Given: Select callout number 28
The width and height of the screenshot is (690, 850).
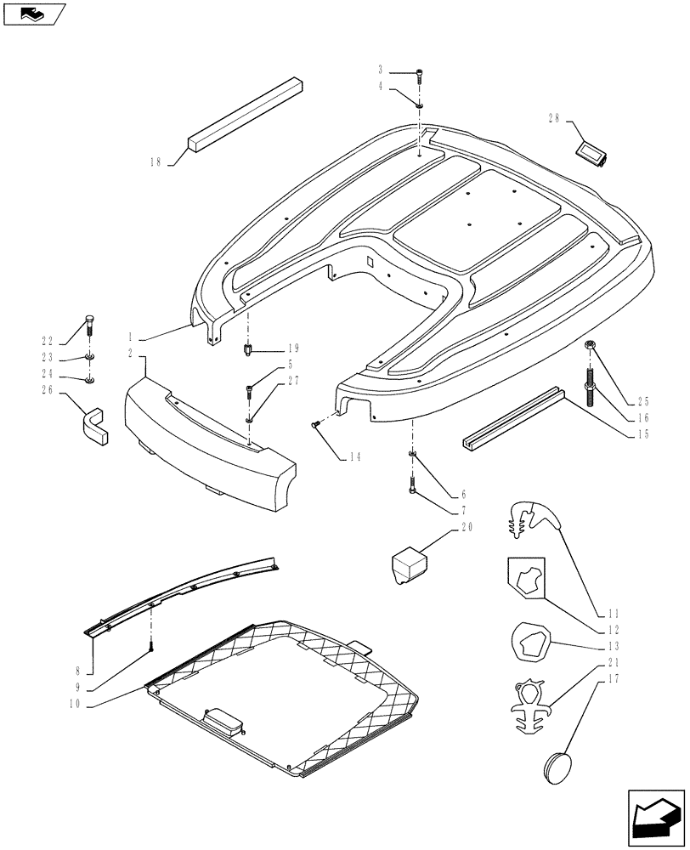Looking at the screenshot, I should pos(554,119).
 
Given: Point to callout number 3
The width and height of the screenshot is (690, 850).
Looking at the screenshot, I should pos(381,69).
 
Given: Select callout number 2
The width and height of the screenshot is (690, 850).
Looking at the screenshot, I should pos(130,352).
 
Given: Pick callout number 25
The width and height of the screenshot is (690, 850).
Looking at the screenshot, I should pos(642,401).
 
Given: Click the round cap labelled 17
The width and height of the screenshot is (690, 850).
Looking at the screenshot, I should pos(557,761).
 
